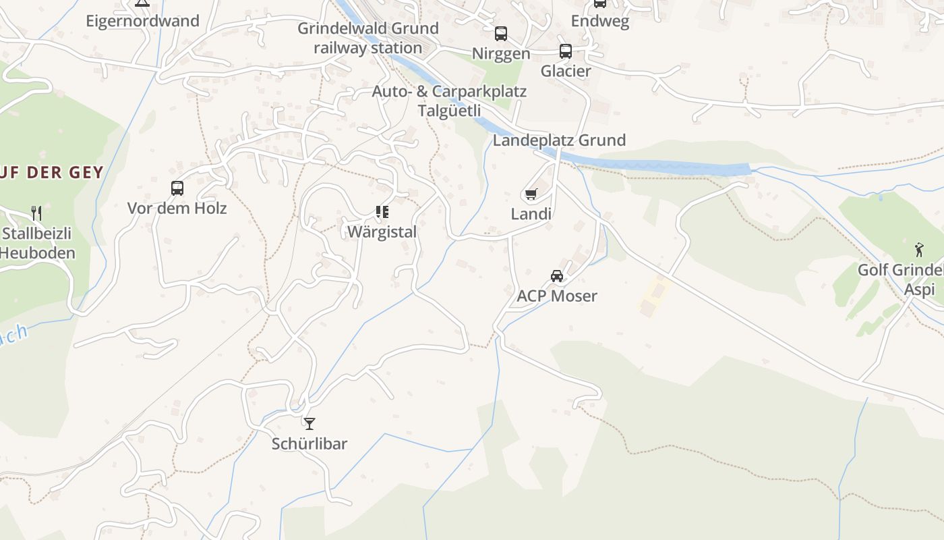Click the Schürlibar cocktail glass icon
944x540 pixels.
pyautogui.click(x=309, y=424)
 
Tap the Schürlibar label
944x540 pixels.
pyautogui.click(x=309, y=443)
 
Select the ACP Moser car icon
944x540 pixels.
pyautogui.click(x=557, y=275)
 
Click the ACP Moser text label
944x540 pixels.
pyautogui.click(x=557, y=296)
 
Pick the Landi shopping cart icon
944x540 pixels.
pyautogui.click(x=531, y=194)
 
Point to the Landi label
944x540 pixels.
pyautogui.click(x=531, y=214)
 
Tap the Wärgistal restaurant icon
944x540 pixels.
pyautogui.click(x=382, y=212)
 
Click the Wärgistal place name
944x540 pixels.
pyautogui.click(x=382, y=232)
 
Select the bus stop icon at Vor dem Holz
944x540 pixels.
pyautogui.click(x=177, y=188)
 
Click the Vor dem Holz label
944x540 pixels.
pyautogui.click(x=177, y=208)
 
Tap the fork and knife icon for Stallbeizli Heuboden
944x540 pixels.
pyautogui.click(x=36, y=213)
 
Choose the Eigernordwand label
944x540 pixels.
pyautogui.click(x=142, y=21)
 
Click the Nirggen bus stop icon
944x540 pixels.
pyautogui.click(x=501, y=34)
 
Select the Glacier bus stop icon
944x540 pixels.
pyautogui.click(x=566, y=51)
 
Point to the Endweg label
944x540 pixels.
pyautogui.click(x=599, y=21)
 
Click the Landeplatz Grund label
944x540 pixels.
pyautogui.click(x=559, y=140)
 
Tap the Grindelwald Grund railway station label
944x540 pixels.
pyautogui.click(x=368, y=38)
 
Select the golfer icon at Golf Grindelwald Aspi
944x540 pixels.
pyautogui.click(x=919, y=250)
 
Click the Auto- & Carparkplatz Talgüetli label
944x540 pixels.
pyautogui.click(x=449, y=101)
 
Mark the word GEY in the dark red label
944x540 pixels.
pyautogui.click(x=84, y=172)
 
